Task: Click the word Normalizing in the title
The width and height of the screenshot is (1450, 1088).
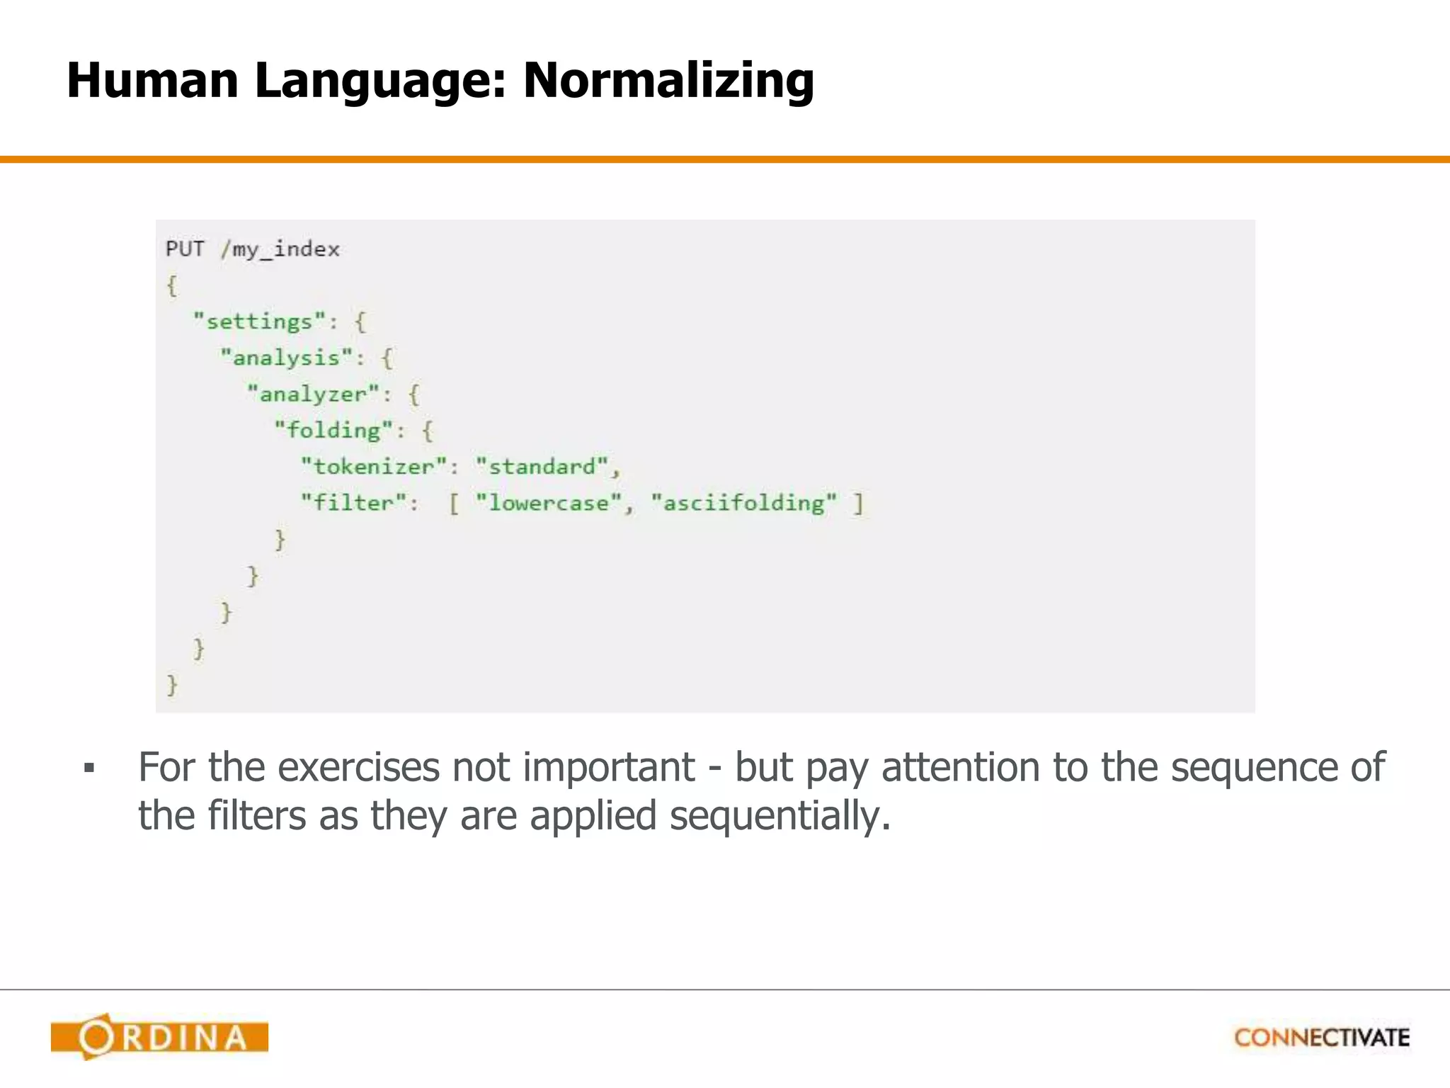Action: point(668,81)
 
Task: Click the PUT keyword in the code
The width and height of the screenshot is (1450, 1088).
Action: point(185,249)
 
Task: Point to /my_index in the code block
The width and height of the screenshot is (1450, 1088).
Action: point(280,249)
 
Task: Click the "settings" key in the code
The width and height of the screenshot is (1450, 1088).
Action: point(259,322)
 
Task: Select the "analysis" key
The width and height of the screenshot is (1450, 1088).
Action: point(286,358)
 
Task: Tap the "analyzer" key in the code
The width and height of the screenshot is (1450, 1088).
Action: point(313,394)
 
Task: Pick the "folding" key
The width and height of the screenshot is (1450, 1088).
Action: point(333,430)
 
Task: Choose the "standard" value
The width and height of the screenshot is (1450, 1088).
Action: point(542,466)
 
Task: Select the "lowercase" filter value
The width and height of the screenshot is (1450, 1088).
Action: point(549,503)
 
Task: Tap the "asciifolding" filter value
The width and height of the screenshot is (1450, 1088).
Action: point(743,503)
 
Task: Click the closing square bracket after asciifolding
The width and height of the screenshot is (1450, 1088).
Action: point(858,504)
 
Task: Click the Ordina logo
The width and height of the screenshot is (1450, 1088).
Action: point(159,1037)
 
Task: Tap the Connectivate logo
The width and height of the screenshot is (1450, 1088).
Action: point(1322,1038)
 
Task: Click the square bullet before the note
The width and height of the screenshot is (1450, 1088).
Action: point(89,768)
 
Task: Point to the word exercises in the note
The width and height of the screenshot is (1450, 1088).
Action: point(358,767)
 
